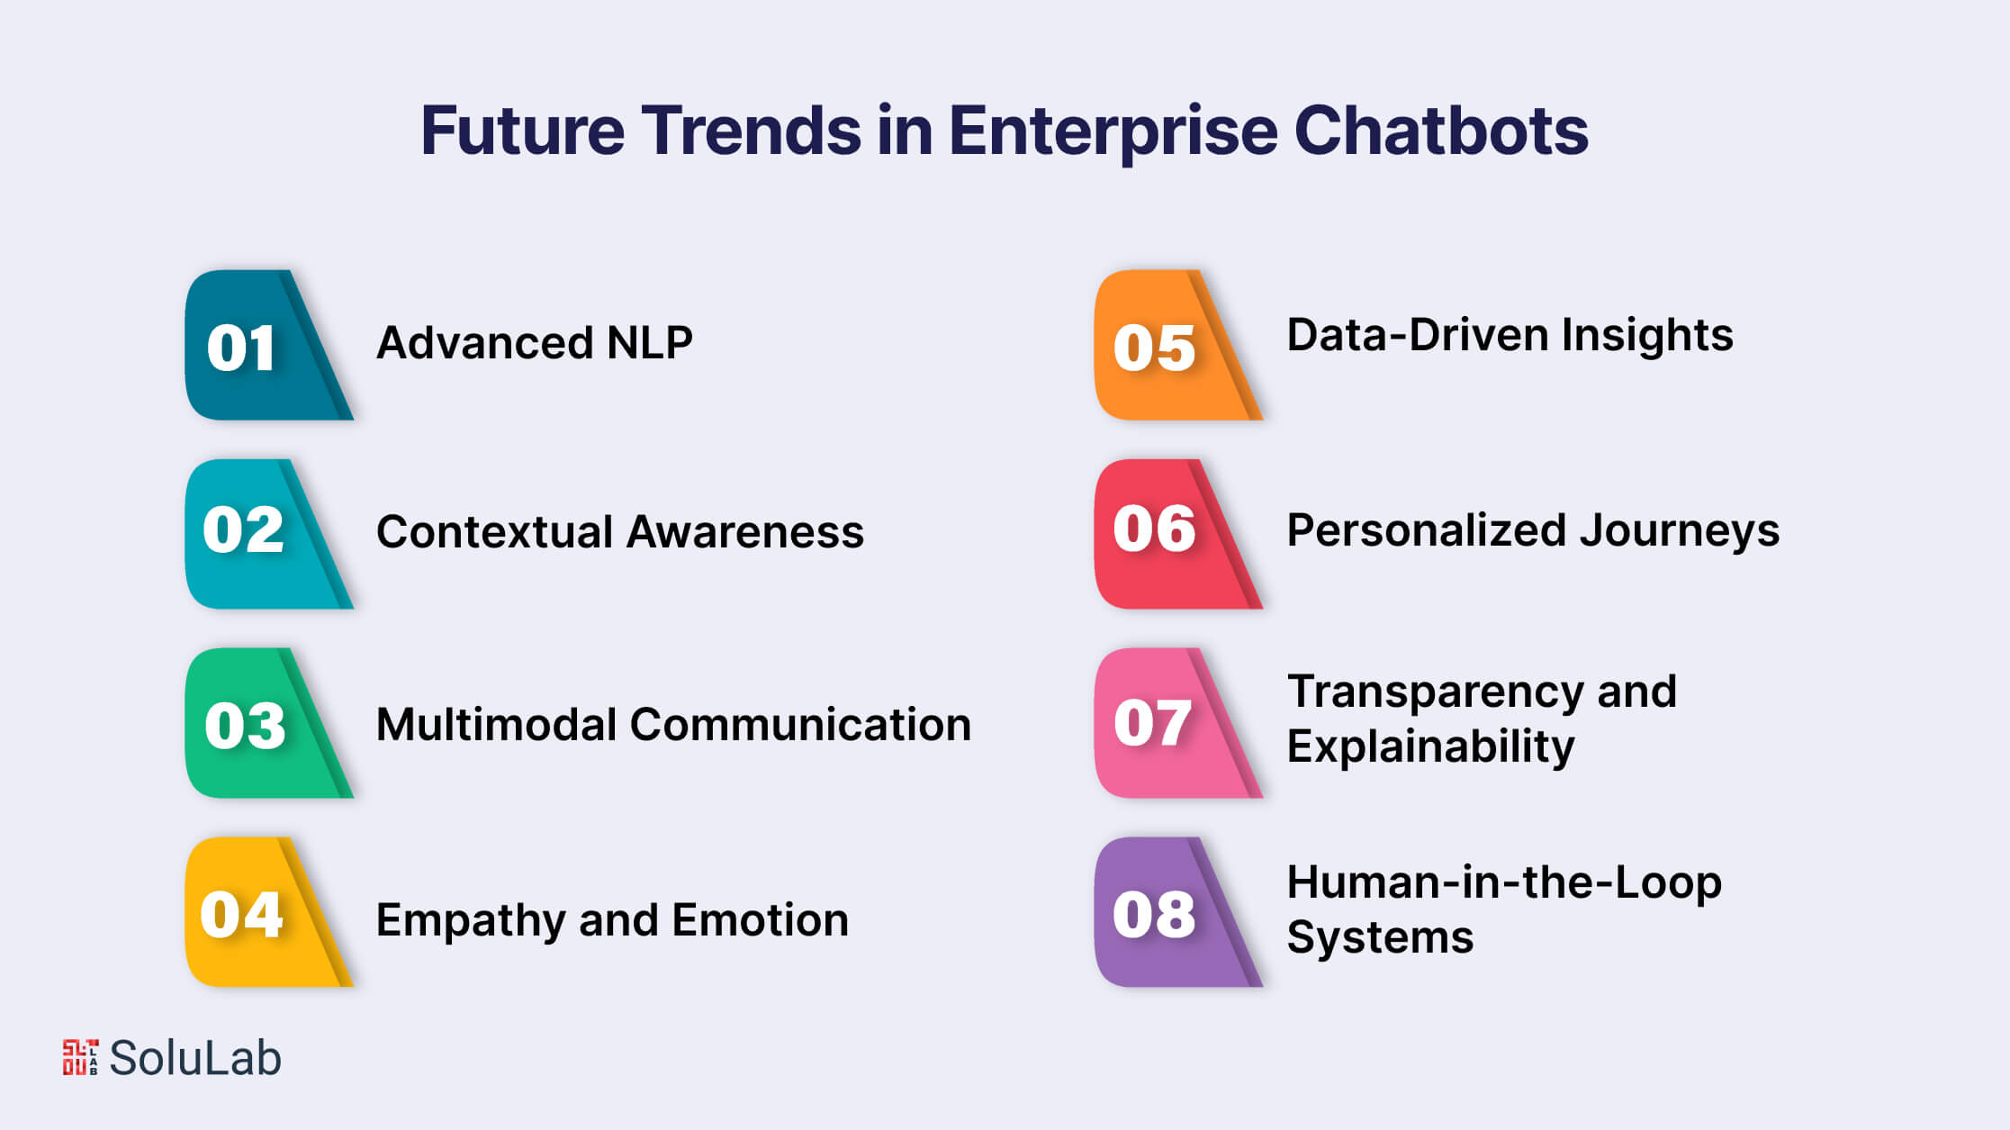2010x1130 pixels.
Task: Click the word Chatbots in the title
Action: click(x=1440, y=131)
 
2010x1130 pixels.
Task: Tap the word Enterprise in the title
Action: click(x=1113, y=131)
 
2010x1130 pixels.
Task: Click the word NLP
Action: click(x=649, y=343)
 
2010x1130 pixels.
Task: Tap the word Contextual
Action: click(x=494, y=531)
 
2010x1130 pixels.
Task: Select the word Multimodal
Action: click(x=495, y=724)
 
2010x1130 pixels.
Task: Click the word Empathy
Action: click(x=470, y=921)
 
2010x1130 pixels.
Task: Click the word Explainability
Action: click(x=1430, y=746)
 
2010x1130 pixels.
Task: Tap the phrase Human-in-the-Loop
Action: click(x=1503, y=882)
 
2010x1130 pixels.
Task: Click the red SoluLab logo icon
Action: click(x=80, y=1057)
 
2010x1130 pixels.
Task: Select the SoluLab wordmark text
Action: click(x=195, y=1058)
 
